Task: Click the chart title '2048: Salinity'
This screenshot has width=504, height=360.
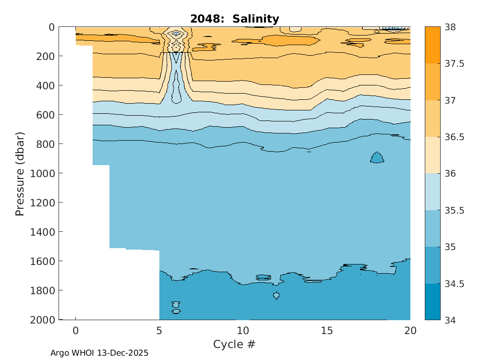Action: point(234,19)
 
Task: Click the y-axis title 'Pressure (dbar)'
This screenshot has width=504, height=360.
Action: point(20,173)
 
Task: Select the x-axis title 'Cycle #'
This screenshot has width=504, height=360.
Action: point(234,344)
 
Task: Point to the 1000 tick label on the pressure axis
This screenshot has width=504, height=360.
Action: point(43,173)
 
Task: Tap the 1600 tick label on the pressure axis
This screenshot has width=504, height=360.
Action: point(43,261)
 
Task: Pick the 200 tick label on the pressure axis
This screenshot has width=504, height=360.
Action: point(46,56)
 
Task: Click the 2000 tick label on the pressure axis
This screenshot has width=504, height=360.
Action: point(43,320)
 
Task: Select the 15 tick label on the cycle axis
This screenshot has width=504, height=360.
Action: point(327,331)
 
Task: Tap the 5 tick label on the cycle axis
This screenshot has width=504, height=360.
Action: point(159,331)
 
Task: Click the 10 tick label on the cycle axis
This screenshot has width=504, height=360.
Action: point(243,331)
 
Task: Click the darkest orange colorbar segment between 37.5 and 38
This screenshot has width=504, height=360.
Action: point(432,45)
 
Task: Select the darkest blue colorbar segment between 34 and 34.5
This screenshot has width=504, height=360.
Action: point(432,301)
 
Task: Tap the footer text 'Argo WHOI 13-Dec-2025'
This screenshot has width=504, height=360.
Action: point(99,353)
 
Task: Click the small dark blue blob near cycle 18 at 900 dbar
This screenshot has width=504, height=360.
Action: point(377,158)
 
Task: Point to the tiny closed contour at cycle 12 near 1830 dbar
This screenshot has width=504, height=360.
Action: point(276,295)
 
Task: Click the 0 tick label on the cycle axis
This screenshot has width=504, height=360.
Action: point(75,331)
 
